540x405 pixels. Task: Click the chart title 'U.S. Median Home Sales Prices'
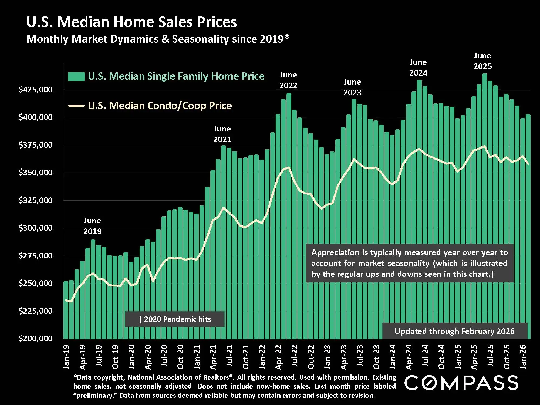(x=131, y=22)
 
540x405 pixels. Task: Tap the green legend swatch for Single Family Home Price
(x=76, y=77)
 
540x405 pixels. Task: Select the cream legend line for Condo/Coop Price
(x=76, y=106)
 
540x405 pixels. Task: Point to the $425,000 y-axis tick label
(x=35, y=90)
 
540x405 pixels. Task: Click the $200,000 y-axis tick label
(x=35, y=338)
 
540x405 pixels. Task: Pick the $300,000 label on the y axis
(x=35, y=228)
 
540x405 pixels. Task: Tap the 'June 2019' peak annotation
(x=92, y=226)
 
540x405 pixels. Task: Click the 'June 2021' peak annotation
(x=222, y=134)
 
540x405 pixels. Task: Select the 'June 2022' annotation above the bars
(x=288, y=80)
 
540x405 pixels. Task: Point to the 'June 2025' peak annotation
(x=482, y=61)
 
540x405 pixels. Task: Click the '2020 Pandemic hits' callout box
(x=175, y=319)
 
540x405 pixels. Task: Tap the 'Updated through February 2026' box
(x=455, y=331)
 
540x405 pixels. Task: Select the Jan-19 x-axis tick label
(x=66, y=357)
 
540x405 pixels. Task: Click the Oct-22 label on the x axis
(x=311, y=357)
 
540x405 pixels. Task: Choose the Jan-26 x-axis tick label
(x=523, y=357)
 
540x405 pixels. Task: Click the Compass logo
(x=461, y=383)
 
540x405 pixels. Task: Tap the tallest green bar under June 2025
(x=485, y=189)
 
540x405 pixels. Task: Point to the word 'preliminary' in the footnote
(x=96, y=396)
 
